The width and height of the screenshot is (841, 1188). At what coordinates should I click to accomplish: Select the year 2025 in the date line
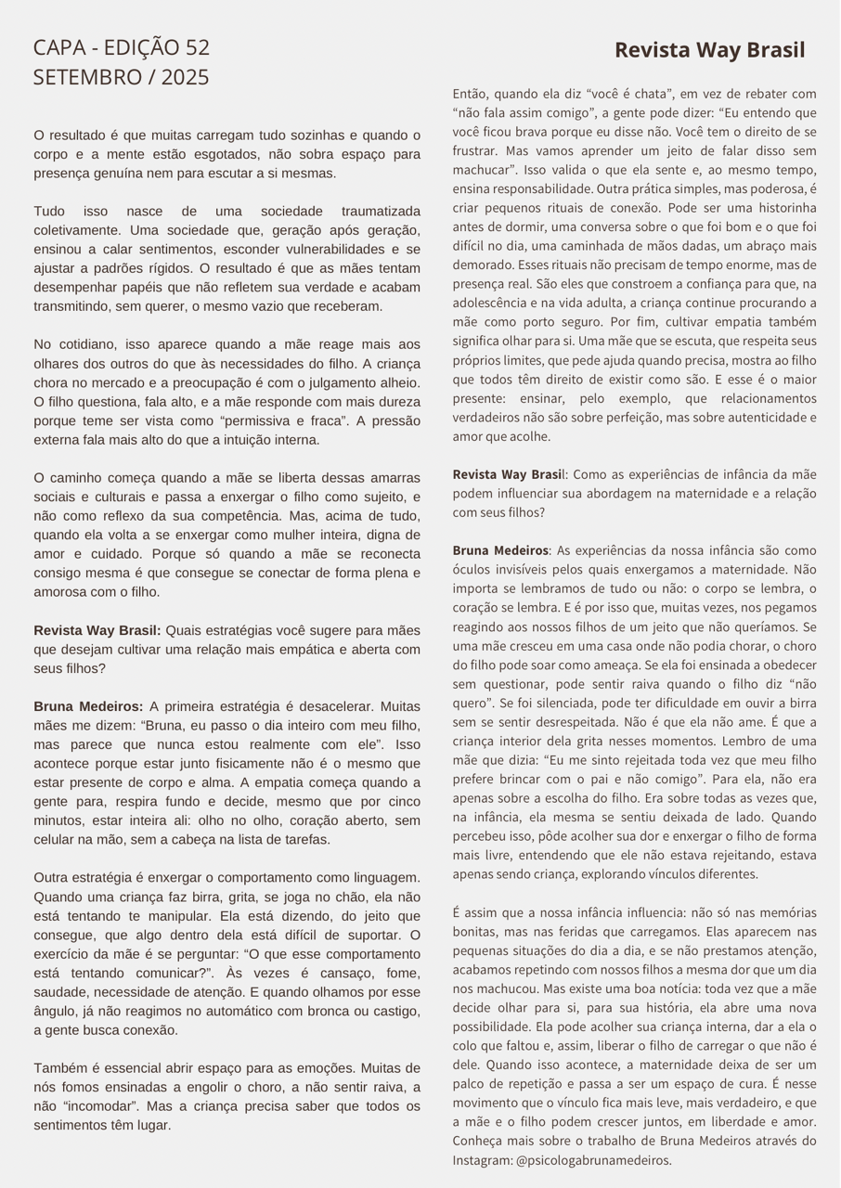point(185,77)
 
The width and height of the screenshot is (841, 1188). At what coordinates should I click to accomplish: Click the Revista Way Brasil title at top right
point(710,50)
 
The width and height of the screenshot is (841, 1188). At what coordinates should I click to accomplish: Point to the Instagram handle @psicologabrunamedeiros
point(594,1160)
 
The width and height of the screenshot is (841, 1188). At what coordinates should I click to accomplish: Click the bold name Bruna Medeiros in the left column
point(88,706)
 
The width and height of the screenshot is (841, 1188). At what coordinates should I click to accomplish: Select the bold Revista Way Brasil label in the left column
point(97,630)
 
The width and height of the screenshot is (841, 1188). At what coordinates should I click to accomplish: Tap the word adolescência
point(498,303)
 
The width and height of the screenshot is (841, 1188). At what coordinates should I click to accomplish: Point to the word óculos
point(472,570)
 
